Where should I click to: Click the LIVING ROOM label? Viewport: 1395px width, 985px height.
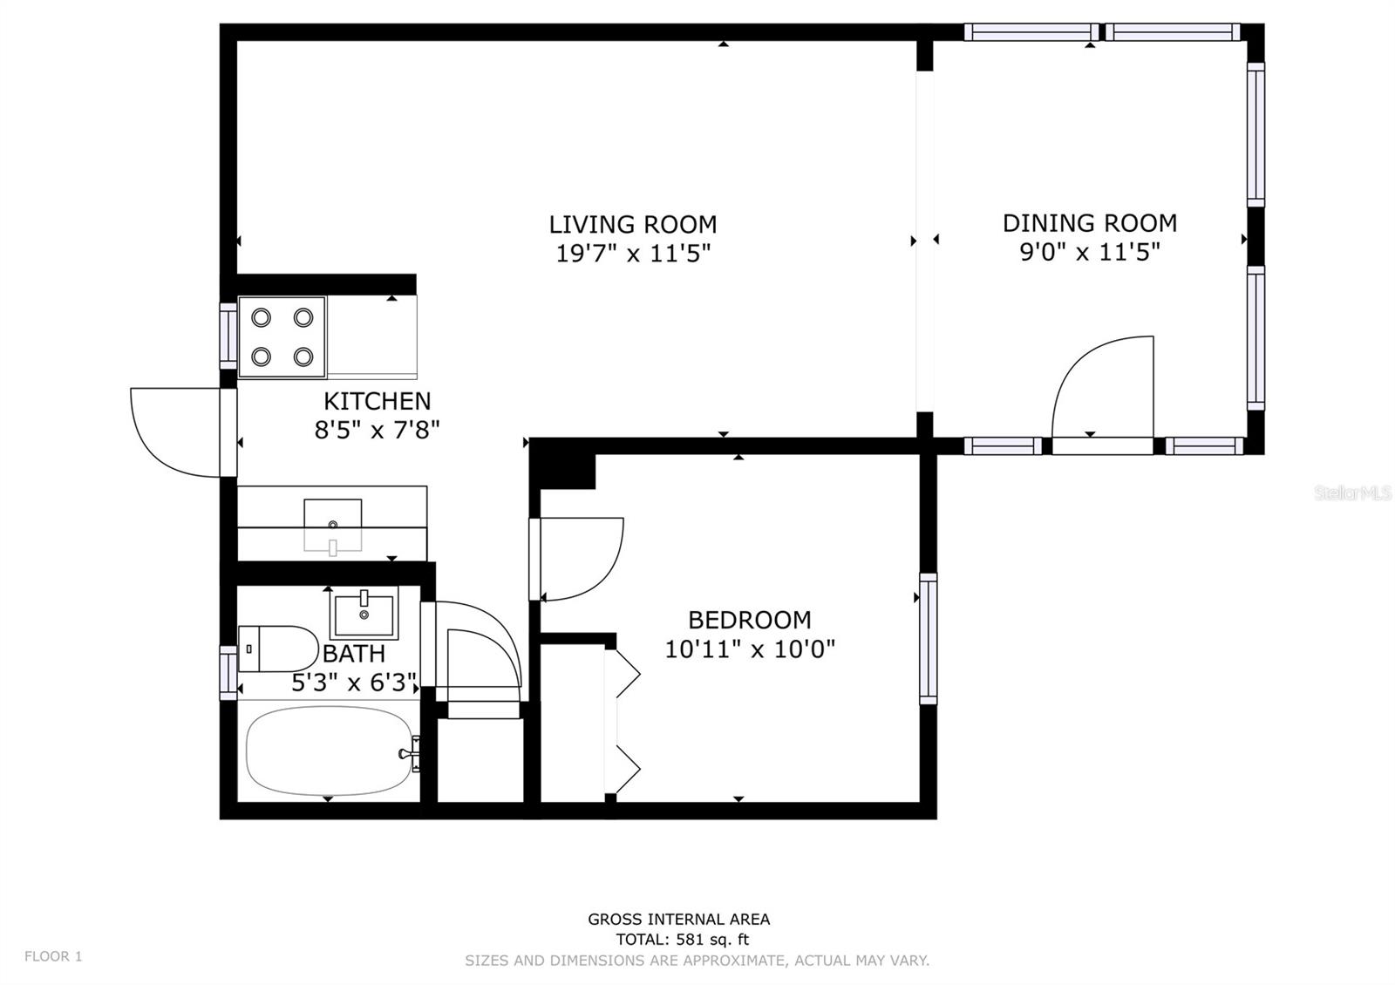click(632, 225)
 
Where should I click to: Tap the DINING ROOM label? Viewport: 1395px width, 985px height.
click(1089, 223)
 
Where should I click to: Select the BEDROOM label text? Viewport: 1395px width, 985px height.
click(749, 620)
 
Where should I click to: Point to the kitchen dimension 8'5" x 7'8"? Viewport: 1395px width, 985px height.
click(377, 430)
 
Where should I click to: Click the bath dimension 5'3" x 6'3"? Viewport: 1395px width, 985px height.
click(353, 683)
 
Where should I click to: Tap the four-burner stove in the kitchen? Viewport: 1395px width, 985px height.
click(282, 337)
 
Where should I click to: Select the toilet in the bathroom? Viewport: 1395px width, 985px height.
click(277, 649)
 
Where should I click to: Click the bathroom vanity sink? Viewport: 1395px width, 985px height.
click(364, 613)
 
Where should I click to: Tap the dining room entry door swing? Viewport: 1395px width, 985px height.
click(1102, 388)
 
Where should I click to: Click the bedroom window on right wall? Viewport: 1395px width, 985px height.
click(928, 638)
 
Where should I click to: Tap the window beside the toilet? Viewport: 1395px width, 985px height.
click(228, 672)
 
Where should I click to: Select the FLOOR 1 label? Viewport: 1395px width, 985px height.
click(53, 956)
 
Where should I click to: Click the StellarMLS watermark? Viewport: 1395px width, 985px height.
click(1352, 493)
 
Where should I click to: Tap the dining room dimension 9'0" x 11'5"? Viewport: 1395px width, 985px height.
click(1089, 253)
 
